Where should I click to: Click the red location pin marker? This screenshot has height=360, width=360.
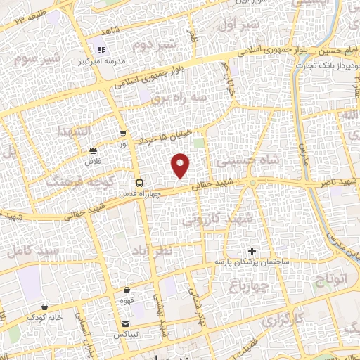tap(181, 165)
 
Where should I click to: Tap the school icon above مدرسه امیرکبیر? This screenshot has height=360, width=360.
tap(101, 51)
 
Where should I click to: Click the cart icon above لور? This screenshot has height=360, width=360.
tap(124, 134)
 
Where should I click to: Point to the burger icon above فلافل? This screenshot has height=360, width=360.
tap(94, 150)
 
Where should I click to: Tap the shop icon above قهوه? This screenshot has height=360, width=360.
tap(127, 290)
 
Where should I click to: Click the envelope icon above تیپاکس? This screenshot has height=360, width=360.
tap(125, 324)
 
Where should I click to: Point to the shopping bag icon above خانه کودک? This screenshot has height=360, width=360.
tap(46, 307)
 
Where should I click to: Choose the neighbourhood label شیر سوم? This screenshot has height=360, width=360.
tap(25, 57)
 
